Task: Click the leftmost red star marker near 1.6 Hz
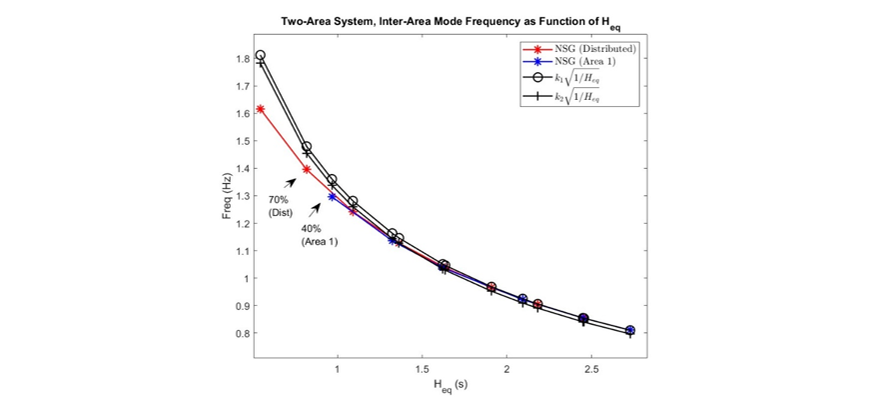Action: coord(261,109)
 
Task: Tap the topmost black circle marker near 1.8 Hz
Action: coord(261,55)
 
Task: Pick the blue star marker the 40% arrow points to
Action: coord(332,196)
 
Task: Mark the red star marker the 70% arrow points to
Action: coord(307,169)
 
